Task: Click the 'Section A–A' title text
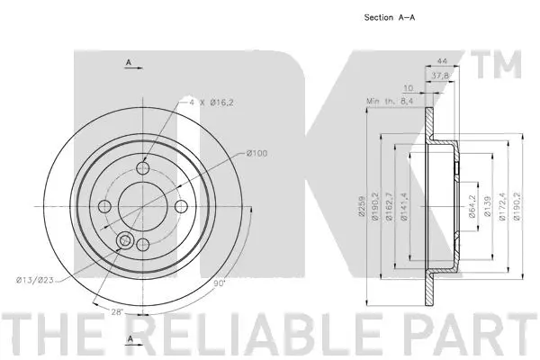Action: [390, 17]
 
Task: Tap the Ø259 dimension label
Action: [362, 206]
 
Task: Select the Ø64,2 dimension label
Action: [472, 206]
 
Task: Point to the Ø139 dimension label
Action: [487, 206]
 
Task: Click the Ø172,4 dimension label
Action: [501, 206]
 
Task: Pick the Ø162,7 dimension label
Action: [389, 206]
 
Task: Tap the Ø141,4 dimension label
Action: [404, 206]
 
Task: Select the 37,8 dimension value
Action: [440, 76]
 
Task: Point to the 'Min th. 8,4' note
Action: [390, 101]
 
